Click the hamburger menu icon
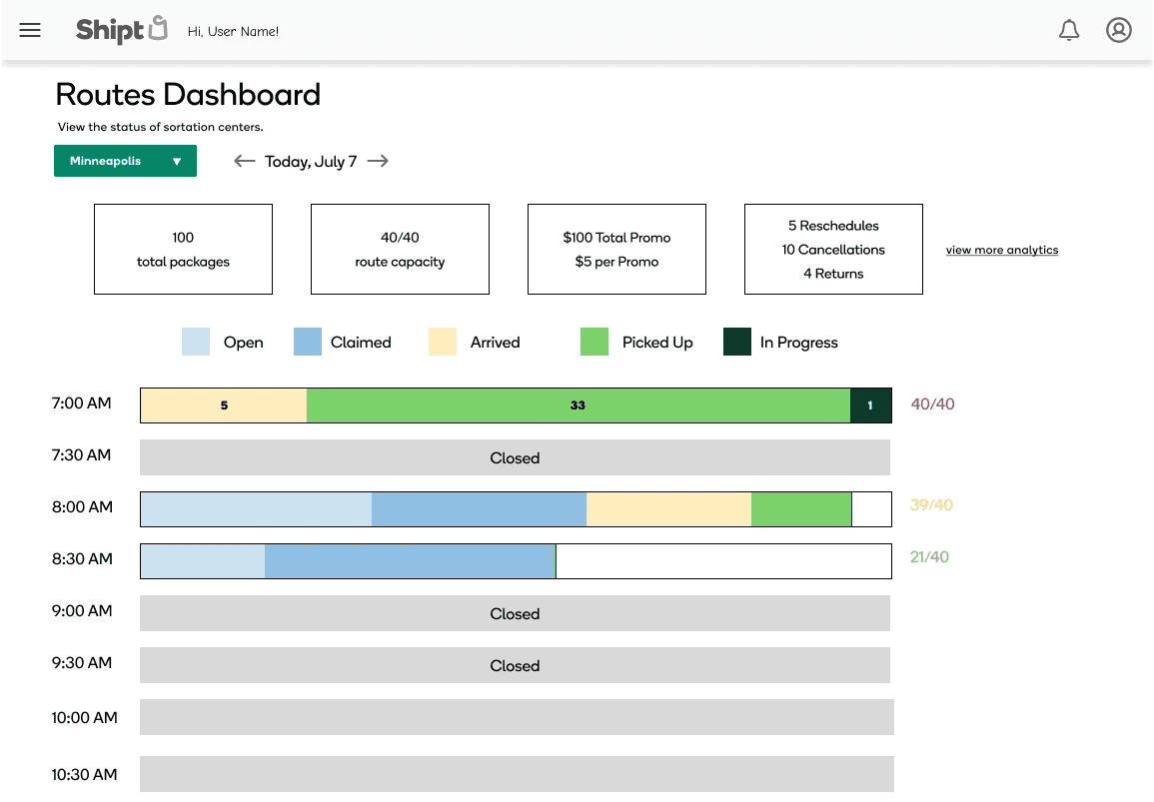(x=29, y=30)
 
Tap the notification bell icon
(x=1069, y=30)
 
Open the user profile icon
(x=1119, y=30)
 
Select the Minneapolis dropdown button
(x=125, y=161)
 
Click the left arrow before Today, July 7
(x=245, y=161)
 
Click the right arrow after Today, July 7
(x=378, y=161)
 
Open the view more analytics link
(x=1002, y=250)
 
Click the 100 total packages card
(x=183, y=250)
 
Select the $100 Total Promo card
(x=616, y=250)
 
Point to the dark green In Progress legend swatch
(x=736, y=342)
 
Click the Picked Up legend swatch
(x=593, y=342)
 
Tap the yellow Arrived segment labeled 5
(x=224, y=405)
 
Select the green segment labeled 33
(x=578, y=405)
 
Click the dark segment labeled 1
(x=870, y=405)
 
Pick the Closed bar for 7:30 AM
(x=515, y=457)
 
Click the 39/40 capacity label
(x=931, y=505)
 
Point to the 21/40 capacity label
(x=929, y=557)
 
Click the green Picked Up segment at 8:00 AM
(x=801, y=509)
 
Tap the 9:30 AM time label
(x=82, y=663)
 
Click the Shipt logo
(x=122, y=30)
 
